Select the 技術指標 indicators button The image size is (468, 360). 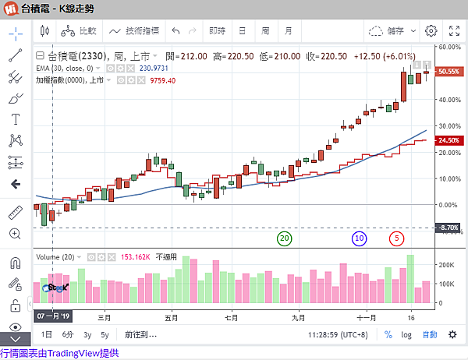click(135, 31)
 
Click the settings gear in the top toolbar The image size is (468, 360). click(431, 31)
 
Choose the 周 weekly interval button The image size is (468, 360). click(265, 31)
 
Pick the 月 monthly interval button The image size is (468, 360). click(289, 31)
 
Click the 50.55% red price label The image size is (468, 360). click(448, 72)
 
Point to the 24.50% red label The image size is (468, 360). click(448, 140)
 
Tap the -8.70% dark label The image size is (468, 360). click(448, 228)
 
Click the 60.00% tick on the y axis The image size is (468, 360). click(448, 48)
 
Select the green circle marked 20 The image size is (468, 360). click(284, 238)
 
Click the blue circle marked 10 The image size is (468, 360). click(359, 238)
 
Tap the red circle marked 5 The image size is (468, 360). click(398, 238)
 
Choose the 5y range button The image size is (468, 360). click(105, 334)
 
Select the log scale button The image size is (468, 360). click(406, 334)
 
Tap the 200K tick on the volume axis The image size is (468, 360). click(446, 266)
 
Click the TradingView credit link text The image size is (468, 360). click(60, 353)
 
